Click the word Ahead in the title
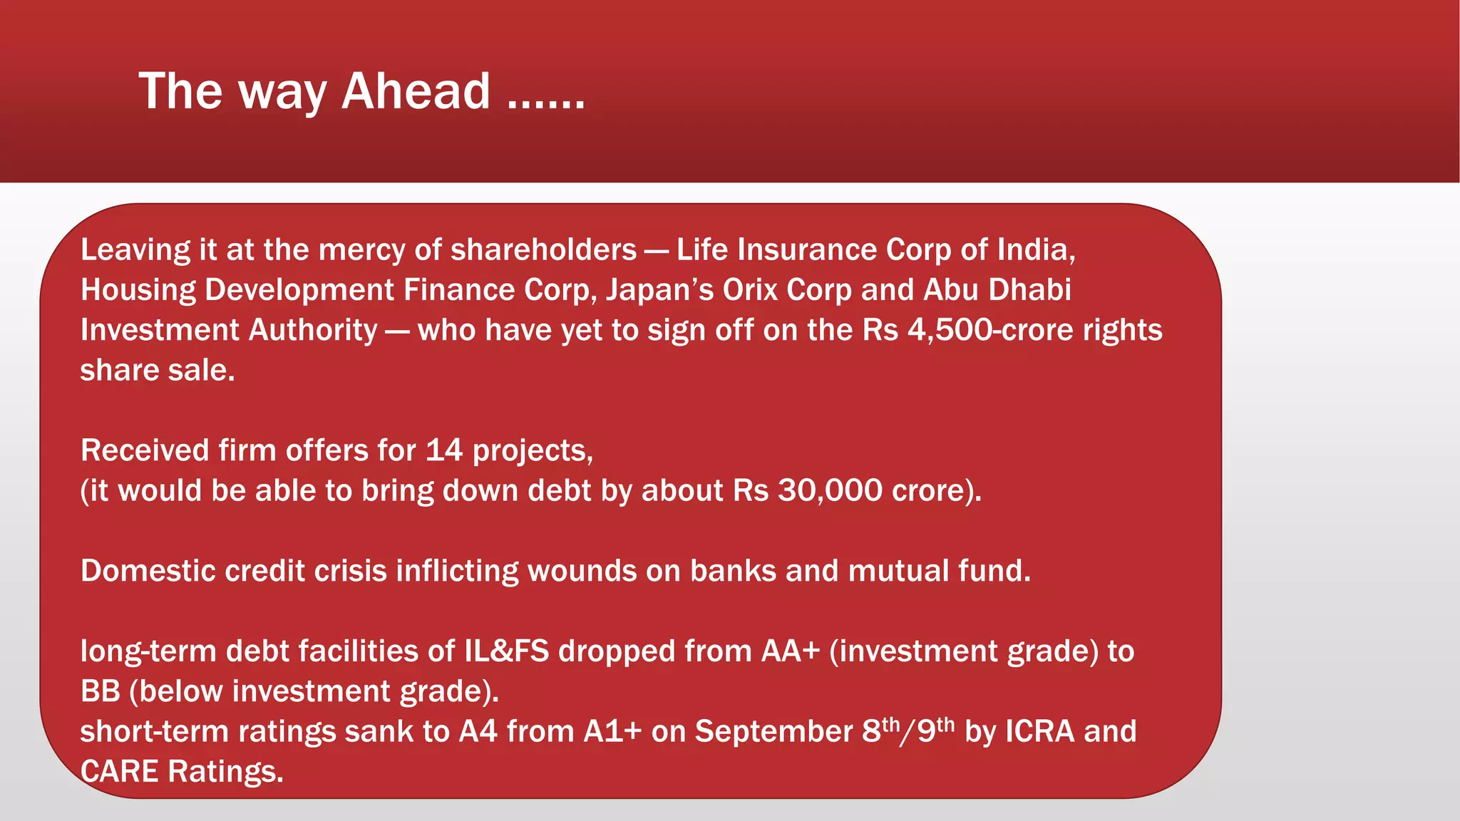coord(416,91)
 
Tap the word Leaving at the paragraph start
coord(135,250)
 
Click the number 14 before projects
coord(443,450)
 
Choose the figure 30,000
coord(830,491)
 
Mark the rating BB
coord(100,691)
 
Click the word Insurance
coord(807,250)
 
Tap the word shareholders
coord(543,250)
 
